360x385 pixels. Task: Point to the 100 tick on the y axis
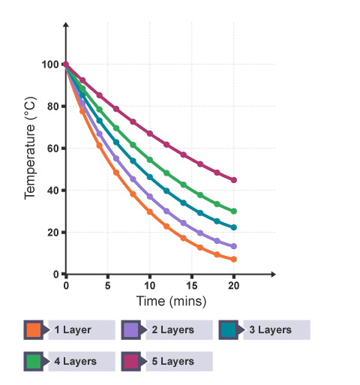tap(50, 65)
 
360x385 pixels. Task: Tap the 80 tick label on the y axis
tap(53, 107)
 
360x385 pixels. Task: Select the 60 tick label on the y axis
tap(53, 149)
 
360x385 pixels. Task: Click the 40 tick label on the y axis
tap(53, 191)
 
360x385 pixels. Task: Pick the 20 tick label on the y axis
tap(53, 233)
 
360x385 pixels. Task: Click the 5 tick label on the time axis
tap(108, 286)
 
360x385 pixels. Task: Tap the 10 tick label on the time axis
tap(150, 286)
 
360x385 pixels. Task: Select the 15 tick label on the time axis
tap(192, 286)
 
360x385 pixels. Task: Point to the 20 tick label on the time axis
tap(234, 286)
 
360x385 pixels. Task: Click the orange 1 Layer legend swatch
tap(33, 330)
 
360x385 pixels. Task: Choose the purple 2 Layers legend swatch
tap(130, 330)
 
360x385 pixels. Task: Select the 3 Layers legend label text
tap(271, 330)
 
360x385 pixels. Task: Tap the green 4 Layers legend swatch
tap(33, 361)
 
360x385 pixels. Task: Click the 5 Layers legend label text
tap(174, 361)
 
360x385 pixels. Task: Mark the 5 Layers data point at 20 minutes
tap(234, 180)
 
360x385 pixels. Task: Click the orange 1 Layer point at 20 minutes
tap(234, 260)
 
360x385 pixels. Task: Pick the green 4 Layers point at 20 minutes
tap(234, 212)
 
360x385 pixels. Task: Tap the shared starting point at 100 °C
tap(66, 65)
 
